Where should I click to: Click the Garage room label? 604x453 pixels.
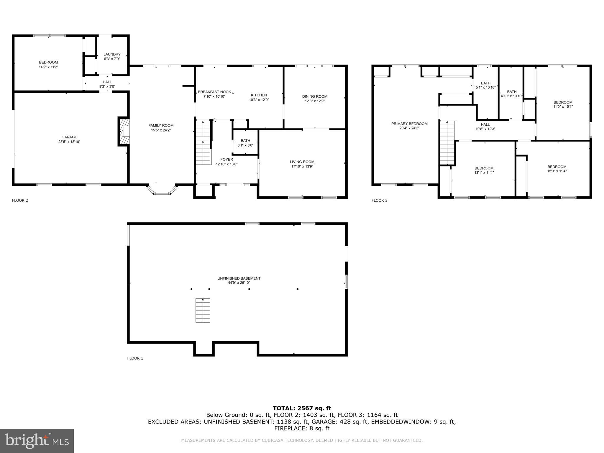click(69, 137)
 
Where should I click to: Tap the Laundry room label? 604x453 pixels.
click(112, 55)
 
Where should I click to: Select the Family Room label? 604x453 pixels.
click(161, 126)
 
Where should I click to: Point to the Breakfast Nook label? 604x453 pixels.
click(214, 92)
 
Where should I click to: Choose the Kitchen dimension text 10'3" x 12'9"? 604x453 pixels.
click(259, 100)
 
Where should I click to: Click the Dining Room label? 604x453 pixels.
click(315, 96)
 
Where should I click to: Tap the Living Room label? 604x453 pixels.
click(302, 162)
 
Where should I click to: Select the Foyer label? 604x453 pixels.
click(226, 160)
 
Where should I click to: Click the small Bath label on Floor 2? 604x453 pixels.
click(245, 141)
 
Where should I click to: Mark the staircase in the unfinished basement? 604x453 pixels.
click(203, 311)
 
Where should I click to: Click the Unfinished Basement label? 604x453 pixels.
click(239, 278)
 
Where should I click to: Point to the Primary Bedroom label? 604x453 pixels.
click(409, 124)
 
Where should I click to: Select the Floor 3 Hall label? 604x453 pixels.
click(485, 125)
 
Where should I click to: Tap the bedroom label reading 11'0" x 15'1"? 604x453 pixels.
click(563, 103)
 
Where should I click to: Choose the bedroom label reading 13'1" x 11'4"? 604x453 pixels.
click(484, 168)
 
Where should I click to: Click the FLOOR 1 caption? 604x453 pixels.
click(135, 358)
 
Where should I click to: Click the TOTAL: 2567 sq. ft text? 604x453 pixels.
click(302, 408)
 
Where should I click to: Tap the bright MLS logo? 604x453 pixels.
click(37, 441)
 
